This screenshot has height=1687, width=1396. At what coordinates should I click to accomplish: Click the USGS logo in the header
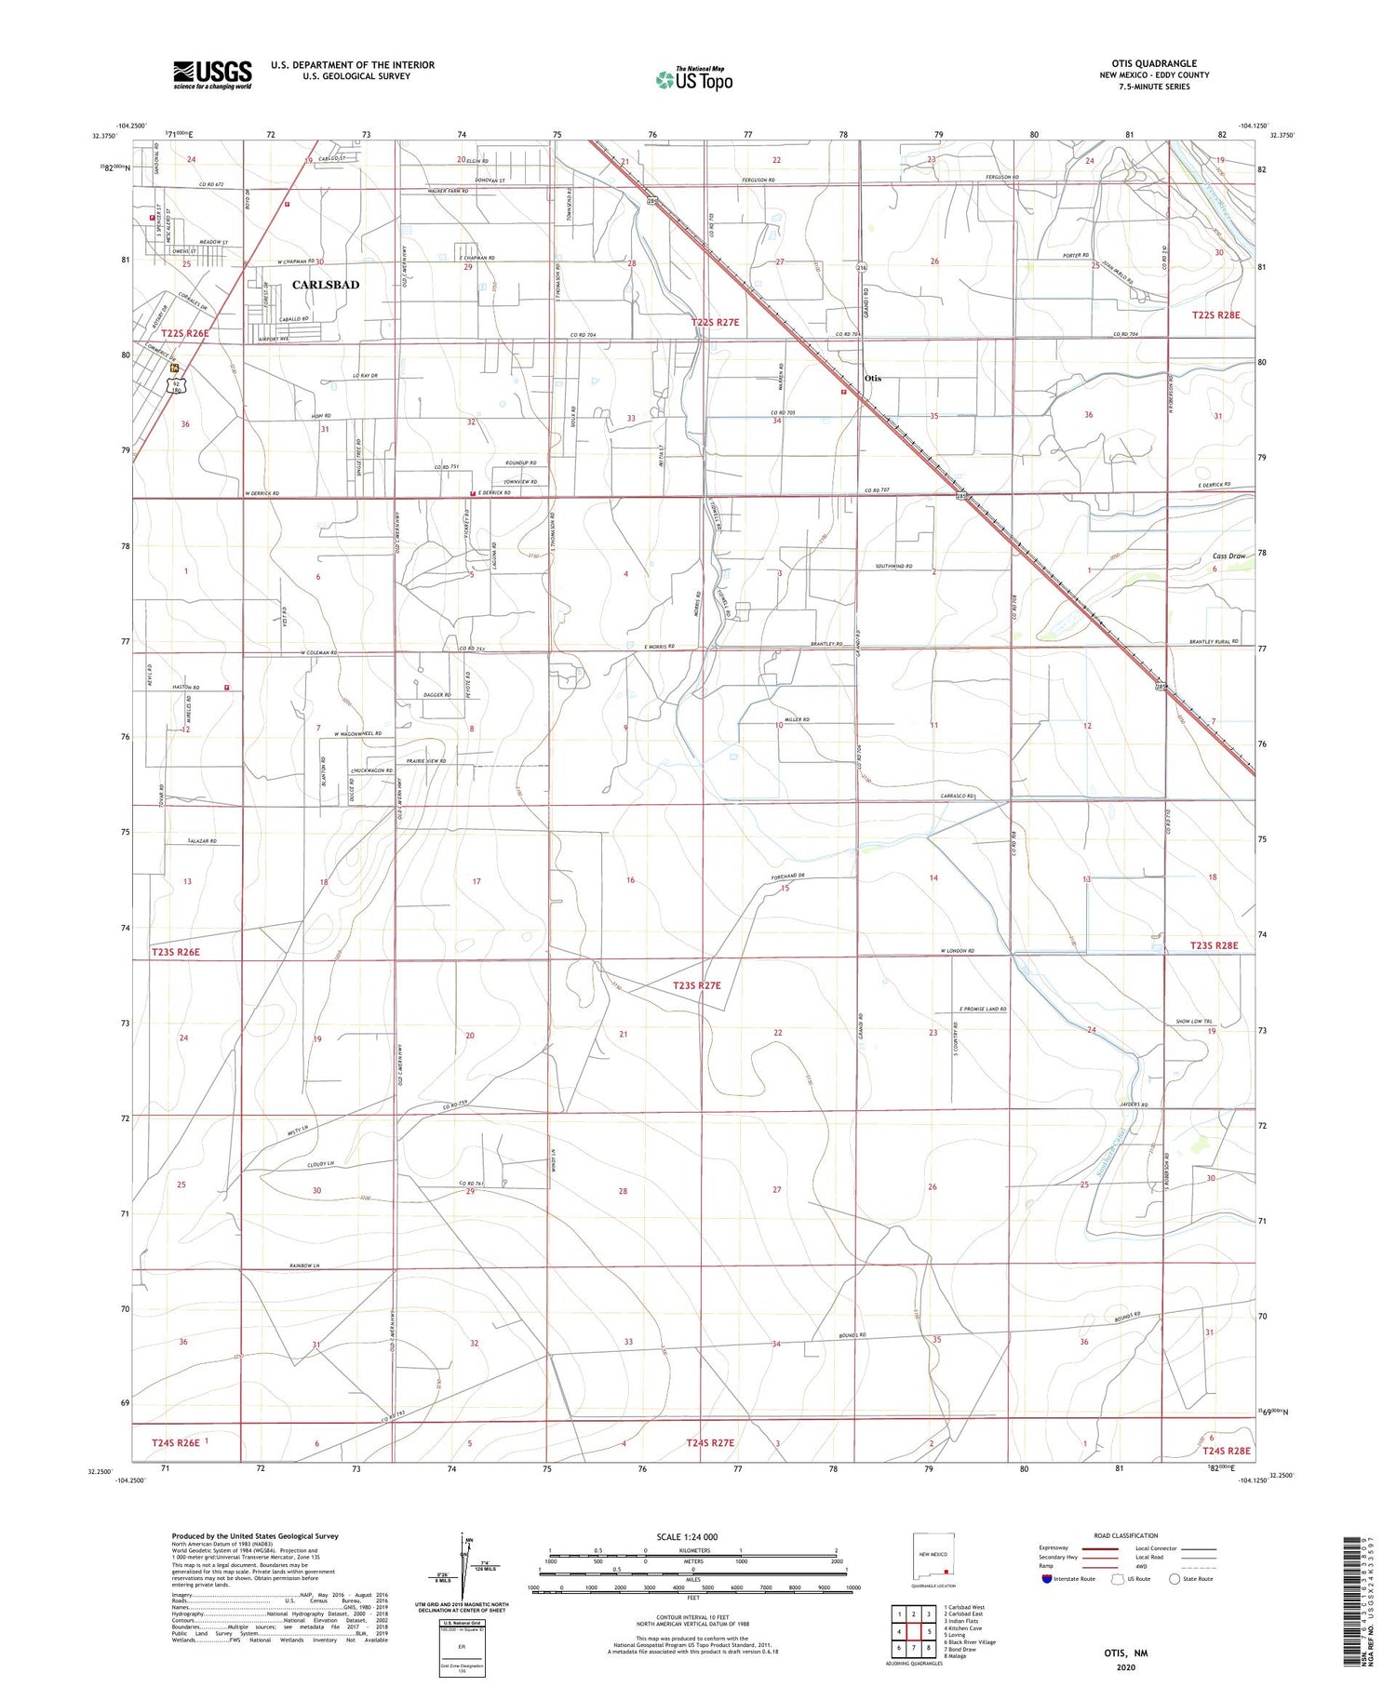pos(212,74)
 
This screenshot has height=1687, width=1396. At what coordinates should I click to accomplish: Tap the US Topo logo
pos(694,80)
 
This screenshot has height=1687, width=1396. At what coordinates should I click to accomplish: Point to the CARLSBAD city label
pos(326,285)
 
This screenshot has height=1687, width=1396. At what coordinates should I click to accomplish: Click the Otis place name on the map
pos(872,379)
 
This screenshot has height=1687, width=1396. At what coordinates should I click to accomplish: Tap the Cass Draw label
pos(1228,556)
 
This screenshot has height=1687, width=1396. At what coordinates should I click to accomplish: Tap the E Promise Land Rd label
pos(983,1009)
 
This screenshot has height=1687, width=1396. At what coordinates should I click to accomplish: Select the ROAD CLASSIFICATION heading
pos(1126,1535)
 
